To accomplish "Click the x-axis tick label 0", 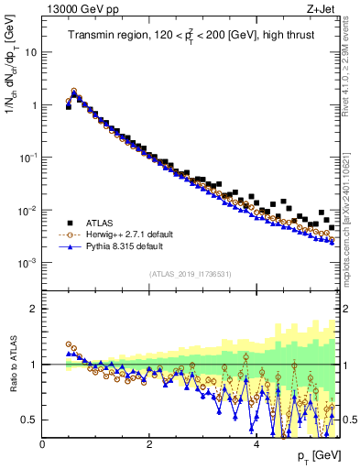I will pos(43,444).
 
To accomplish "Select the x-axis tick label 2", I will pos(149,444).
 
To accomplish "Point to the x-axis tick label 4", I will pos(256,444).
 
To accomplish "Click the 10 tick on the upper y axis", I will pos(30,52).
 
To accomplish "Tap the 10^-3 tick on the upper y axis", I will pos(27,263).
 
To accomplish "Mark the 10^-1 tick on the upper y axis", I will pos(27,158).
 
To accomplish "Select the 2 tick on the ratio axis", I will pos(34,309).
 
